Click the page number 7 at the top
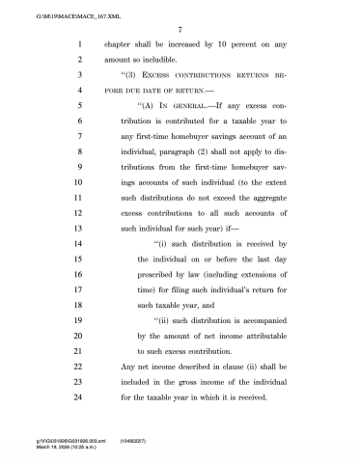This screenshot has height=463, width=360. pyautogui.click(x=180, y=30)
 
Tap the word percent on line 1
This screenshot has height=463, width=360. pyautogui.click(x=231, y=44)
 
